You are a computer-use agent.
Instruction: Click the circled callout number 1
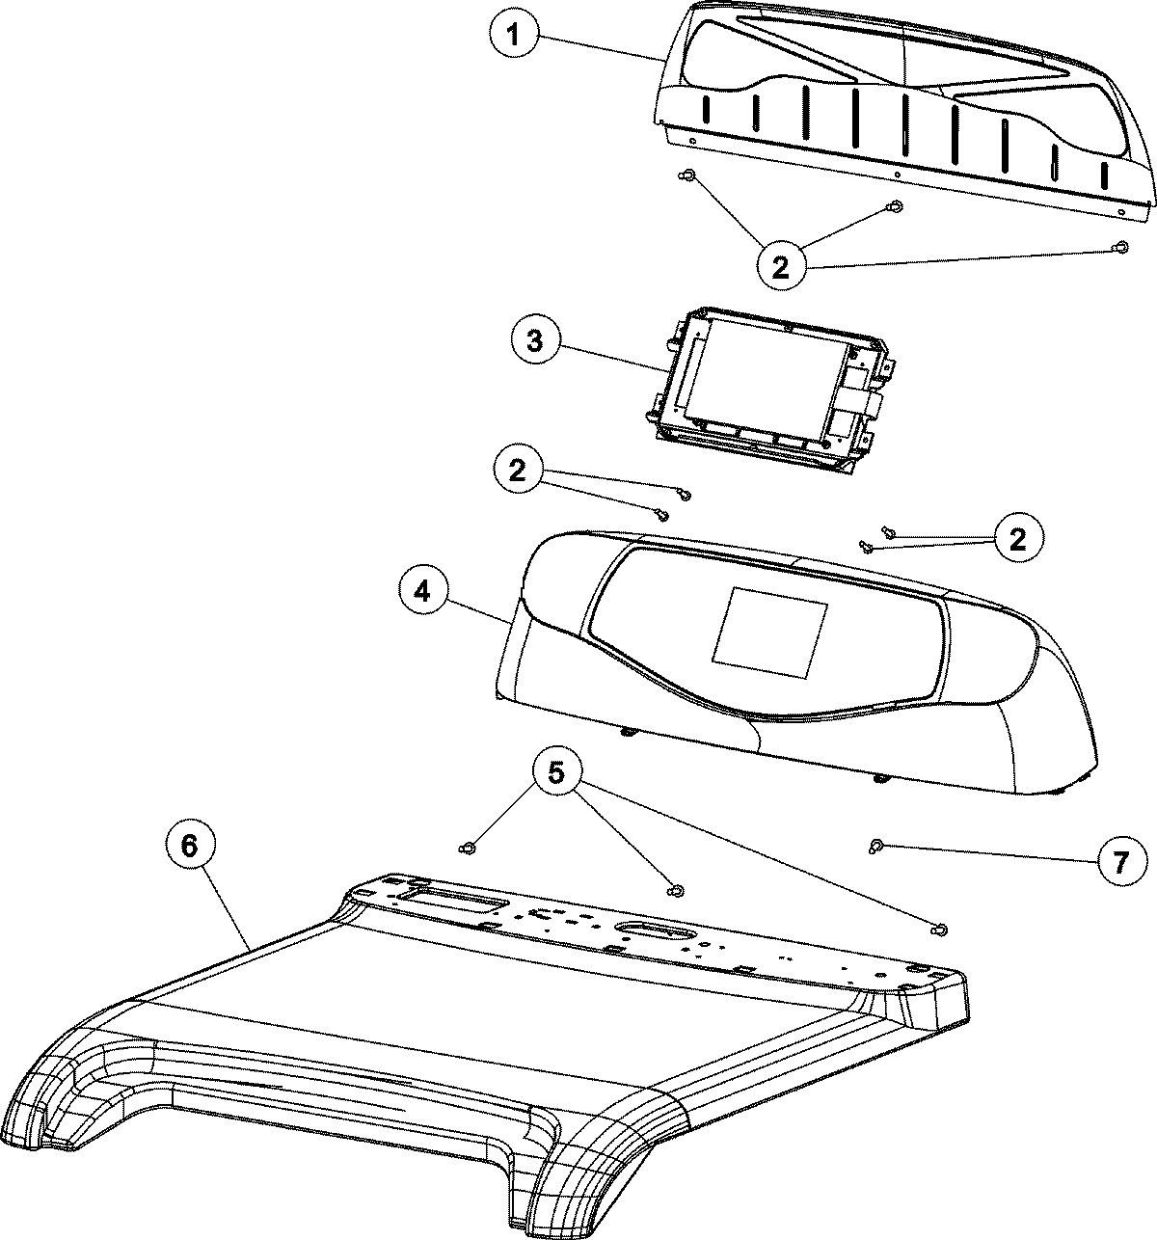pos(515,37)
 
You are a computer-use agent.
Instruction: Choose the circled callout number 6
pos(188,846)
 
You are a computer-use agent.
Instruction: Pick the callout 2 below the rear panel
pos(781,264)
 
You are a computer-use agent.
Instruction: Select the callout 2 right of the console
pos(1017,538)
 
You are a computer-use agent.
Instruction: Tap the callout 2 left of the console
pos(519,470)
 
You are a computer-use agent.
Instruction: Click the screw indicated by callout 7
pos(876,847)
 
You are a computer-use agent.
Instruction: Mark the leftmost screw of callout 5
pos(468,848)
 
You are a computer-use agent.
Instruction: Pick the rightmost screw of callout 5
pos(939,929)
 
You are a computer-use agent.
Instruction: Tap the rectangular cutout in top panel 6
pos(454,903)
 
